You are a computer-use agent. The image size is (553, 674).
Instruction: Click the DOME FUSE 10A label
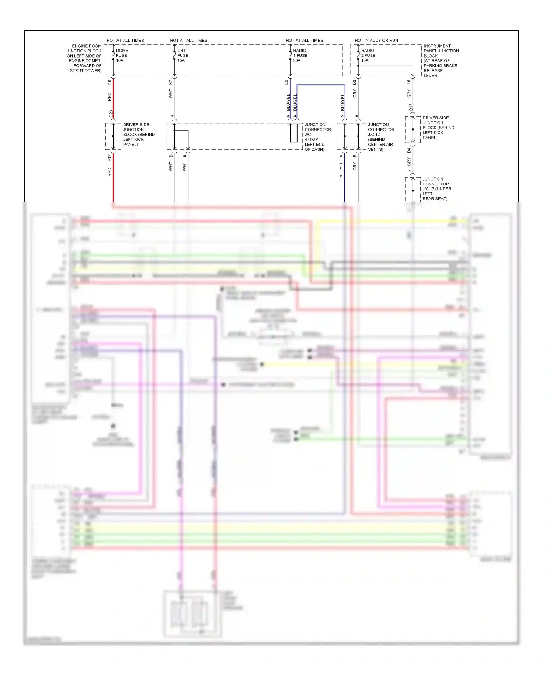tap(122, 55)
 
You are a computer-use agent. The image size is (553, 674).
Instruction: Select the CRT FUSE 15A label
tap(182, 55)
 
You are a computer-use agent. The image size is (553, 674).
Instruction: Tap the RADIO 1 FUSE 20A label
tap(300, 55)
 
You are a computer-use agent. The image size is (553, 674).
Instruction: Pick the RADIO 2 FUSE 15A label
tap(368, 55)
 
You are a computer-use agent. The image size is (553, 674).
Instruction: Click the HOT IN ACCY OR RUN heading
tap(376, 40)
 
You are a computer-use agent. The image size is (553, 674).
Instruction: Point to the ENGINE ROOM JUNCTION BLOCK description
tap(84, 58)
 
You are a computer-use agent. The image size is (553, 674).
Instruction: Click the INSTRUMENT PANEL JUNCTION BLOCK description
tap(441, 60)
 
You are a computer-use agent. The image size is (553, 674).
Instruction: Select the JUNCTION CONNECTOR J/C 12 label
tap(381, 137)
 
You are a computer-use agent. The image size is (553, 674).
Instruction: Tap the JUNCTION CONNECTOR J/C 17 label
tap(436, 189)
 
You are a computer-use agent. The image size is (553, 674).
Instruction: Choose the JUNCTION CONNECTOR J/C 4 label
tap(317, 137)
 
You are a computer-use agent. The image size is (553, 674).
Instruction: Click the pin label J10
tap(109, 83)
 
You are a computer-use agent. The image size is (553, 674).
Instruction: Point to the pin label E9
tap(286, 83)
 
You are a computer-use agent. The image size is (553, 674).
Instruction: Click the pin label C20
tap(111, 114)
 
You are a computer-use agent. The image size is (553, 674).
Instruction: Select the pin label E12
tap(109, 158)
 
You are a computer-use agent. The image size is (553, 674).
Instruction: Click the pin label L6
tap(409, 82)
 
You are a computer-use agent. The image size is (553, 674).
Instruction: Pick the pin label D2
tap(354, 83)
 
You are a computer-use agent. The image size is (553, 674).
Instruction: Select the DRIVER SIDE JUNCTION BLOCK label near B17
tap(438, 128)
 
